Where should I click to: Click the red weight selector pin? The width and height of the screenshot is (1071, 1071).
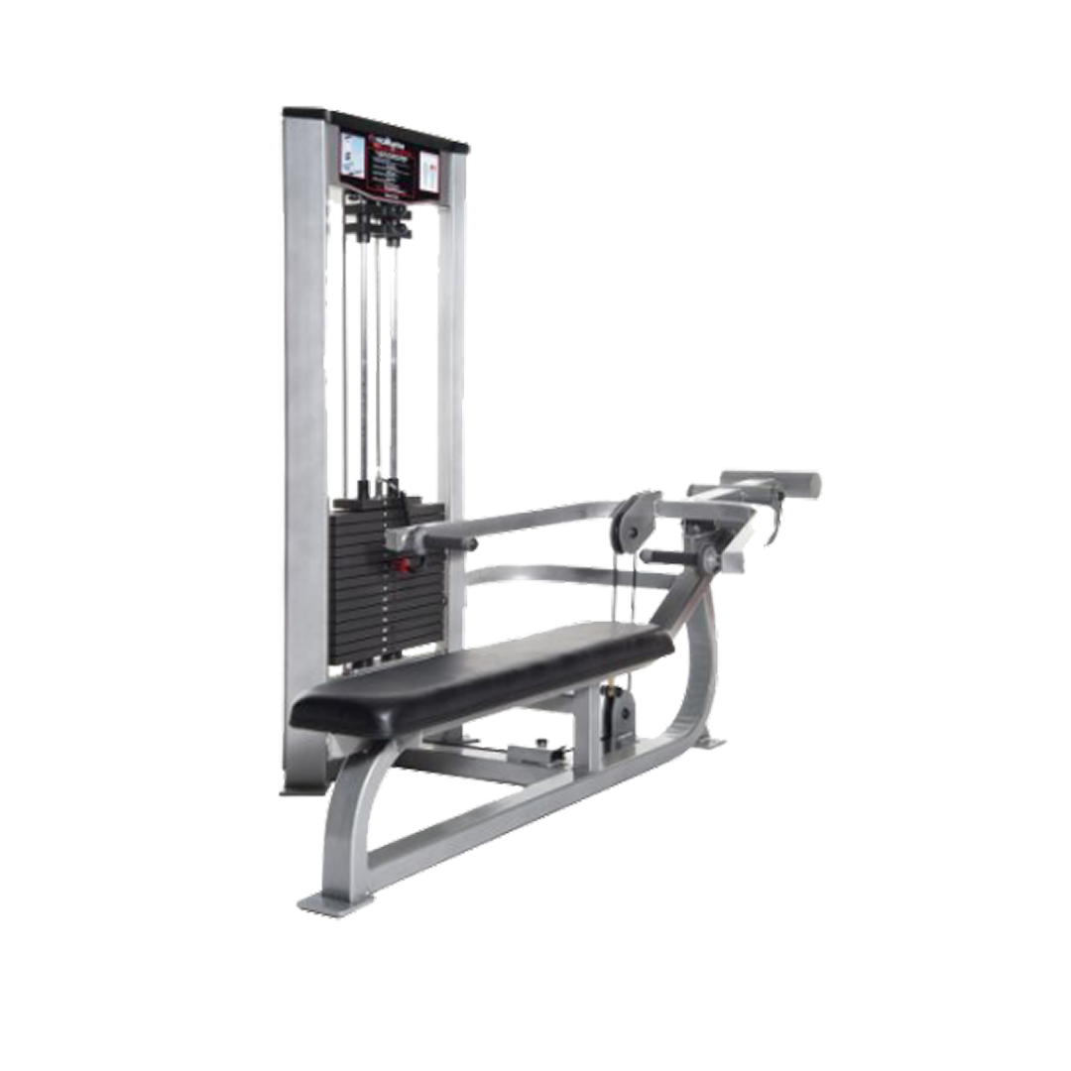[x=404, y=566]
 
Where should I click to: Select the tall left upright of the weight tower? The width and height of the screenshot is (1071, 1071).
[x=303, y=446]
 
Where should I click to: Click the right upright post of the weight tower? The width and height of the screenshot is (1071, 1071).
[x=451, y=397]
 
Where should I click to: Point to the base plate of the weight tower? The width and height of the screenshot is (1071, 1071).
[x=297, y=788]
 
